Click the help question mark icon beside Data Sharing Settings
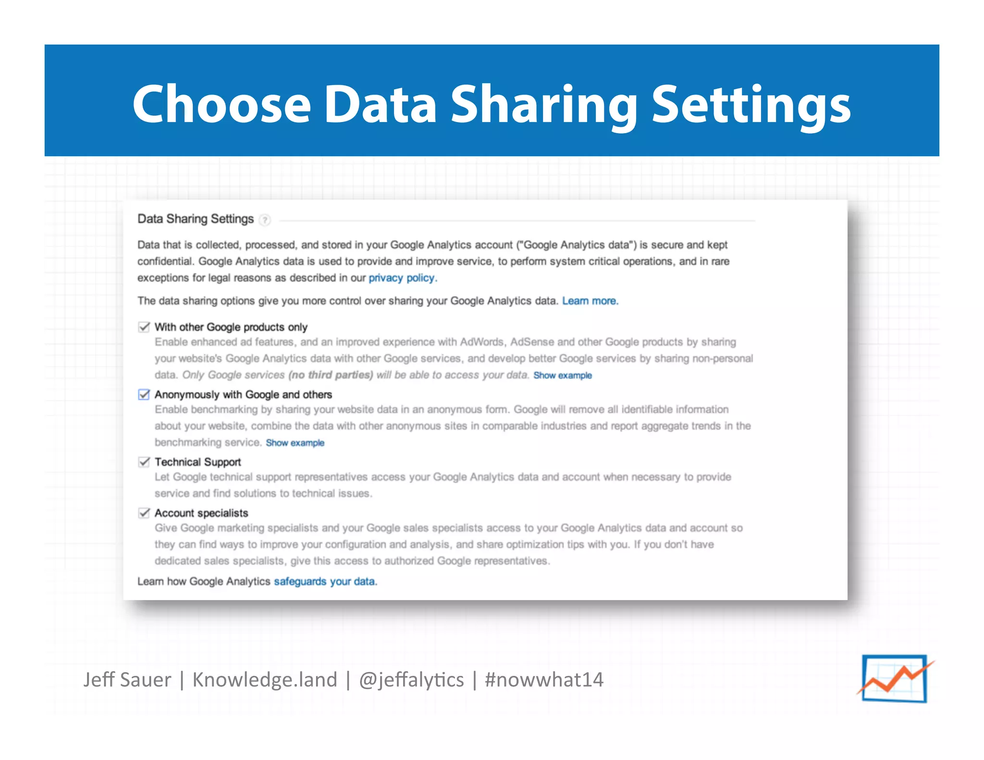pyautogui.click(x=265, y=220)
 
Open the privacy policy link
pyautogui.click(x=402, y=278)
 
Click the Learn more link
pyautogui.click(x=590, y=301)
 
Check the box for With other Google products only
pyautogui.click(x=144, y=327)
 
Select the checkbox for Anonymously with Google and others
pyautogui.click(x=144, y=394)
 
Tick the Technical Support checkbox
pyautogui.click(x=144, y=462)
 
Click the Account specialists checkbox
pyautogui.click(x=144, y=513)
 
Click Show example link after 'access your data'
pyautogui.click(x=563, y=376)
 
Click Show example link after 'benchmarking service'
pyautogui.click(x=295, y=443)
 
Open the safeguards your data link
pyautogui.click(x=325, y=582)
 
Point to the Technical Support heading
pyautogui.click(x=197, y=462)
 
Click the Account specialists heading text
pyautogui.click(x=201, y=513)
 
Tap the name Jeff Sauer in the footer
pyautogui.click(x=127, y=680)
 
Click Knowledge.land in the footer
pyautogui.click(x=265, y=680)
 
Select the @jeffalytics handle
pyautogui.click(x=411, y=680)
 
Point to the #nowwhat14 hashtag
pyautogui.click(x=544, y=680)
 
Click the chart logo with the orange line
pyautogui.click(x=895, y=678)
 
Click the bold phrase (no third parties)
pyautogui.click(x=331, y=375)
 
